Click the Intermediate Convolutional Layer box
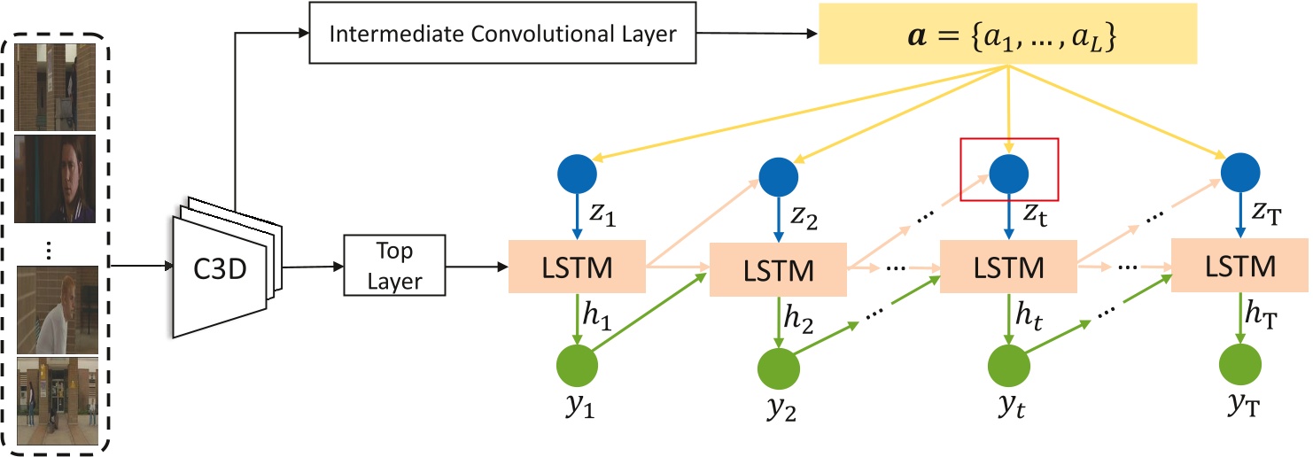(x=502, y=35)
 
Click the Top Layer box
(x=394, y=266)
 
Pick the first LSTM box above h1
(x=578, y=266)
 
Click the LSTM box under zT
(x=1239, y=266)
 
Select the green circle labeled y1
(x=578, y=364)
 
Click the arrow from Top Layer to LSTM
(x=478, y=266)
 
